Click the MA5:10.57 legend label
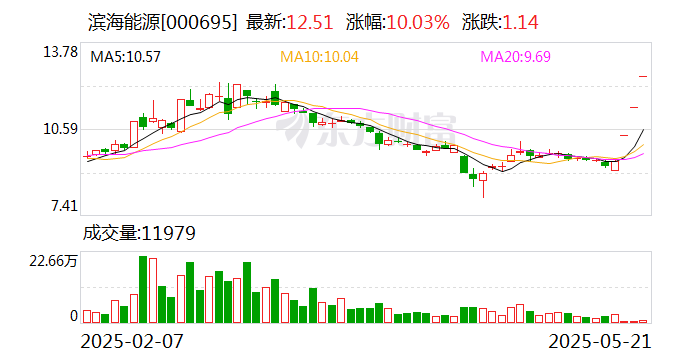(x=126, y=57)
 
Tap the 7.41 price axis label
(x=61, y=206)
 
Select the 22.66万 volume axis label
(x=52, y=262)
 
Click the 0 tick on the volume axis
(x=73, y=316)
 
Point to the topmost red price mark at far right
(x=644, y=76)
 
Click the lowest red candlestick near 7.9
(x=483, y=179)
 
